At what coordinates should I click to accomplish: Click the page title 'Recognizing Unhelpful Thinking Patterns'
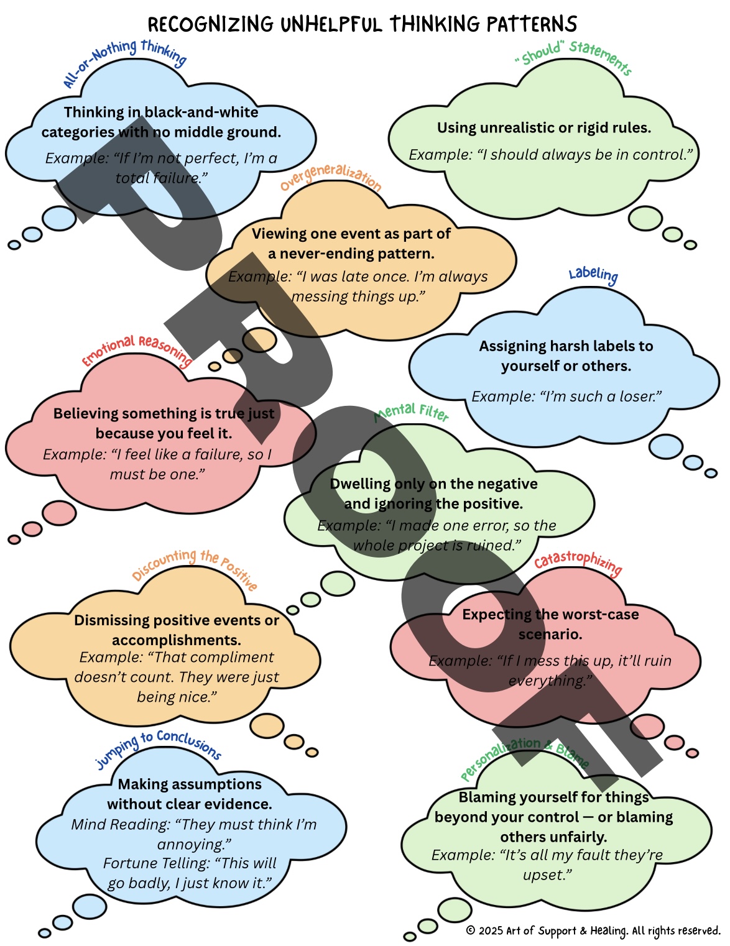[x=363, y=24]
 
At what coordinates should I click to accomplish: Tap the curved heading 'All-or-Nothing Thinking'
[x=124, y=59]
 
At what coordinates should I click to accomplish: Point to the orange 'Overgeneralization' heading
[x=330, y=177]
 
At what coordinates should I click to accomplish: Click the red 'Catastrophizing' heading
[x=578, y=561]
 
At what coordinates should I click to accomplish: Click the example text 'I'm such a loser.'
[x=566, y=396]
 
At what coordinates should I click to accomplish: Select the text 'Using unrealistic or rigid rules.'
[x=544, y=127]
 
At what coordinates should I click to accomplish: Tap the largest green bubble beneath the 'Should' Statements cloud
[x=645, y=218]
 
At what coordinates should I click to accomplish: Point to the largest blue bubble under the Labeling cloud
[x=665, y=446]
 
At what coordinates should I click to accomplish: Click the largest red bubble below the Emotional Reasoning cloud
[x=59, y=513]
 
